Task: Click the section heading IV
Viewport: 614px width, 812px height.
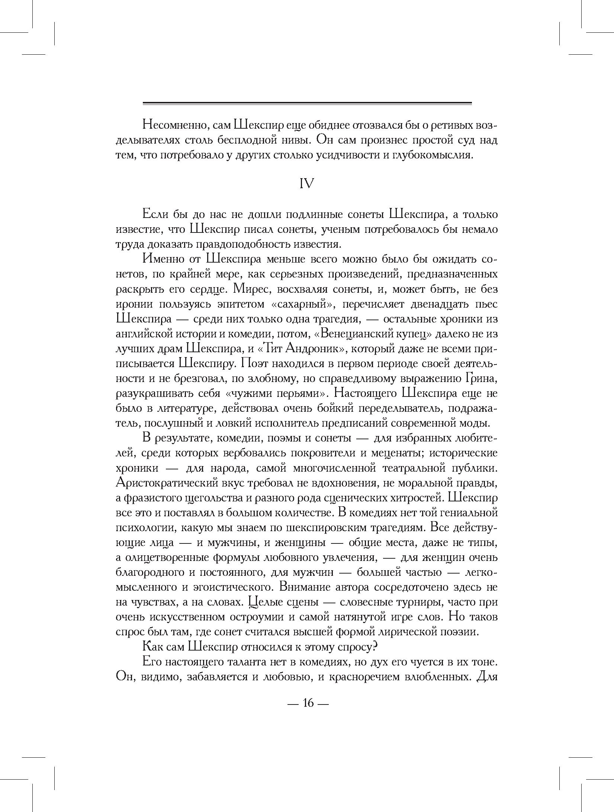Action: pos(307,184)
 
